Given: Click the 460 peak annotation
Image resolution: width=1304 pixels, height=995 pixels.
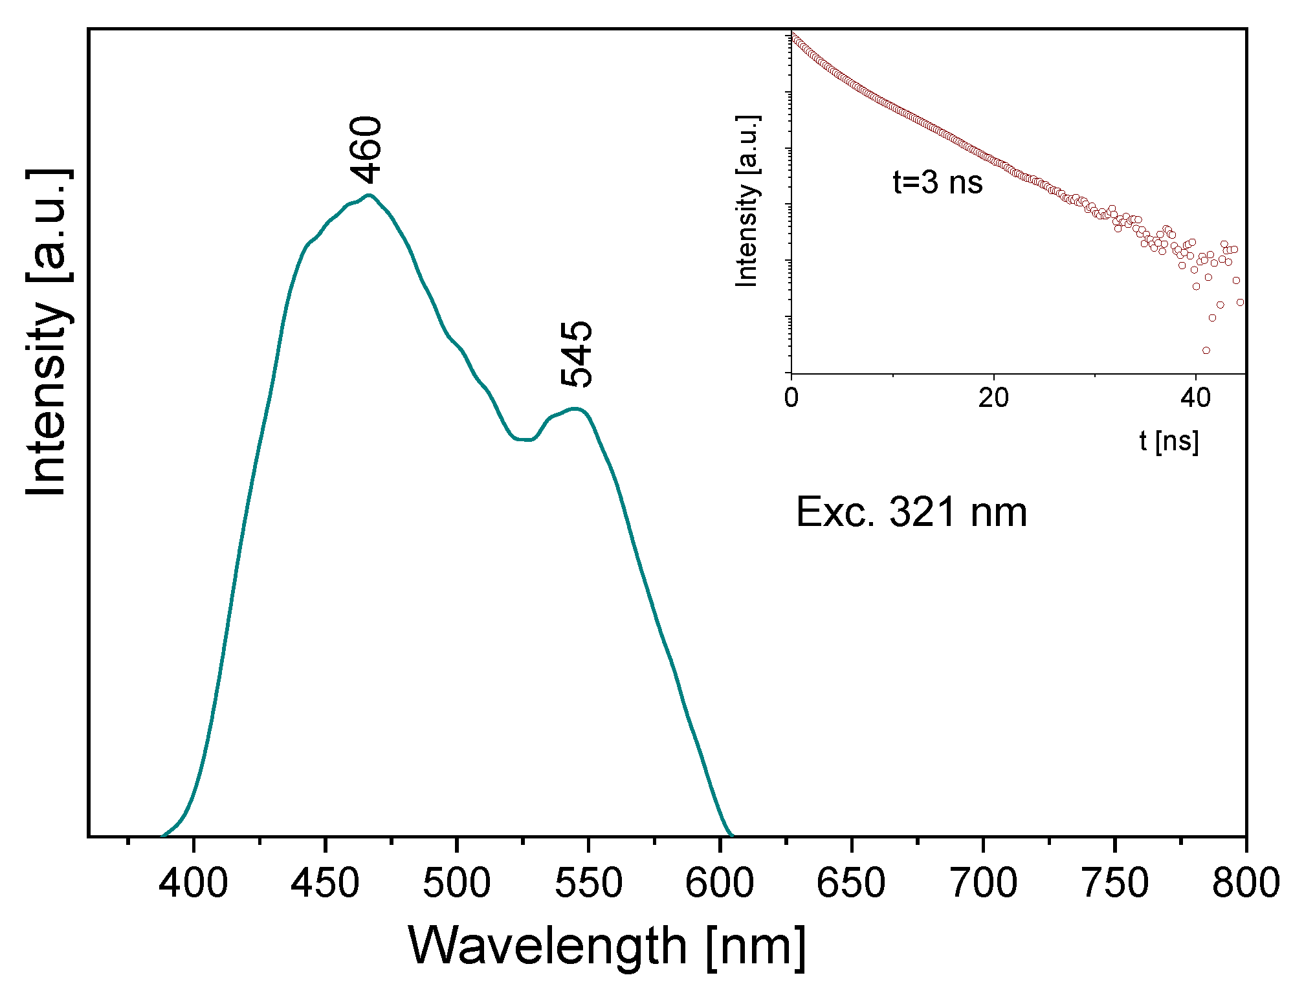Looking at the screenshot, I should tap(366, 150).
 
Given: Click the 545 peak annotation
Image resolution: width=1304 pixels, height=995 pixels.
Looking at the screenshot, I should tap(575, 354).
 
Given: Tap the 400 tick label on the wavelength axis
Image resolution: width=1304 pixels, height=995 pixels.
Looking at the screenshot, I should tap(193, 883).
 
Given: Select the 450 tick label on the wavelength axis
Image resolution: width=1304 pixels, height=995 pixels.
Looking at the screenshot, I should tap(325, 883).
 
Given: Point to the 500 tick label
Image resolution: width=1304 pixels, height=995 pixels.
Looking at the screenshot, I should tap(456, 883).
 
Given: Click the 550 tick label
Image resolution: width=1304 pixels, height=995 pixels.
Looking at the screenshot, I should tap(588, 883).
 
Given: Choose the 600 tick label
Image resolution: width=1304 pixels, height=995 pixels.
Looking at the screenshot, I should tap(720, 883).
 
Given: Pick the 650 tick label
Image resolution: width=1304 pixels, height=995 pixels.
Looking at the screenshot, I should tap(851, 883).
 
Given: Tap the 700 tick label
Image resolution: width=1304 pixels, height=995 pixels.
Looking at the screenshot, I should tap(983, 883).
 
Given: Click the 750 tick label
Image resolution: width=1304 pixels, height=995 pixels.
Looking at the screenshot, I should tap(1114, 883).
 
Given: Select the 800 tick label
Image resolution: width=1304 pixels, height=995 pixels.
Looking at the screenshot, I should tap(1246, 883).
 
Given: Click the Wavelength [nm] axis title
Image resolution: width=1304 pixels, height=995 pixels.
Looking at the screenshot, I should tap(607, 946).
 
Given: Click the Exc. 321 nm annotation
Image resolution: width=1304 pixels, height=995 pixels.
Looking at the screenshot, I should tap(911, 512).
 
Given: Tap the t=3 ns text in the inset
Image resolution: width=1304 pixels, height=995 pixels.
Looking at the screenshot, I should tap(938, 182).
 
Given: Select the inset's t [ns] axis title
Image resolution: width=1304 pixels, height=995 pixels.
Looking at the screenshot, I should tap(1169, 442).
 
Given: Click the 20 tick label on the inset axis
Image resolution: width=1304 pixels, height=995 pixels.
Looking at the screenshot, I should tap(993, 398).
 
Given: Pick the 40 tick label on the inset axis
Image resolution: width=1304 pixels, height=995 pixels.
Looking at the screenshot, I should tap(1195, 398).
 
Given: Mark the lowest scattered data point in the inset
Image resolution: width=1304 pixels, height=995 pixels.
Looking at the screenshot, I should tap(1206, 351).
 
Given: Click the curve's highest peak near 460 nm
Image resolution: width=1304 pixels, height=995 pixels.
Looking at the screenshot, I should tap(370, 195).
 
